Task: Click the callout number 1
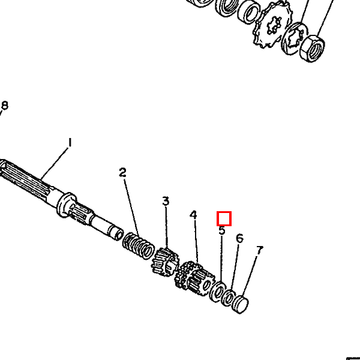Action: coord(70,142)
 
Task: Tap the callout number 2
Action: coord(122,172)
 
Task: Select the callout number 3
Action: coord(166,201)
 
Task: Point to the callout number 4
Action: coord(193,215)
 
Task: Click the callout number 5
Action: coord(222,230)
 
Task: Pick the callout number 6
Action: coord(239,238)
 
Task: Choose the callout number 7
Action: coord(259,250)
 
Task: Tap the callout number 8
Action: coord(5,106)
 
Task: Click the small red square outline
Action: coord(224,218)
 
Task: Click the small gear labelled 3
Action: coord(165,262)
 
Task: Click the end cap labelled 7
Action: coord(240,304)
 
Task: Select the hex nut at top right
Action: coord(312,49)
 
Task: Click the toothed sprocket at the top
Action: coord(271,26)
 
